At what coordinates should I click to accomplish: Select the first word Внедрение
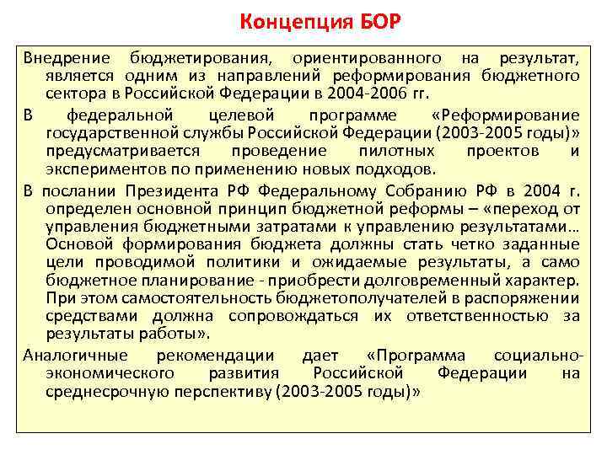(x=66, y=58)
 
